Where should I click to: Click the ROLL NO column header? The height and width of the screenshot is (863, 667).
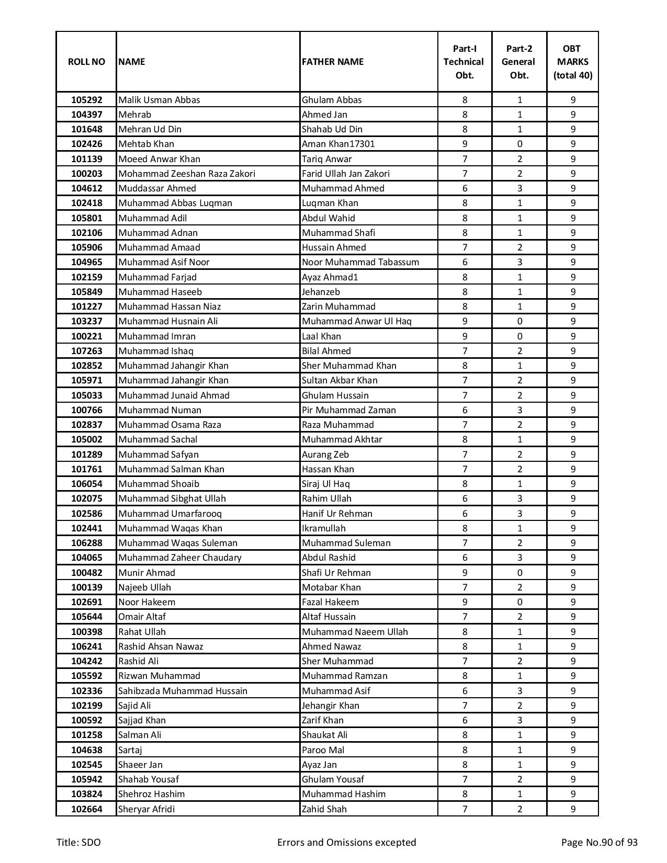[x=86, y=62]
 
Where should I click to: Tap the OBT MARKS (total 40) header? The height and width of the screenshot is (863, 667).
[x=573, y=62]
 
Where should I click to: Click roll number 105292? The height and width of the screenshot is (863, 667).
[x=86, y=100]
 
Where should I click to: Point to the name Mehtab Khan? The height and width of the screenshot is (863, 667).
[x=146, y=144]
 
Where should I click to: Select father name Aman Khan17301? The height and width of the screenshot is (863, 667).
[x=338, y=144]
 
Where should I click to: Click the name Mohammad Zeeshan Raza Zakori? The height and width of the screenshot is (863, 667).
[x=187, y=174]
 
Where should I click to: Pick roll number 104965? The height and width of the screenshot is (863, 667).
[x=86, y=262]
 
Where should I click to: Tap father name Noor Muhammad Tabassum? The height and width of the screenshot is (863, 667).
[x=360, y=262]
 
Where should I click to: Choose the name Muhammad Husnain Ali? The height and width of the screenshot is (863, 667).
[x=168, y=321]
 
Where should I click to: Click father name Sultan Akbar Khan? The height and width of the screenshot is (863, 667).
[x=340, y=380]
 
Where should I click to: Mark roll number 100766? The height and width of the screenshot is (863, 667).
[x=86, y=410]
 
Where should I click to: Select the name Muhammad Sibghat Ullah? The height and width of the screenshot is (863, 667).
[x=172, y=498]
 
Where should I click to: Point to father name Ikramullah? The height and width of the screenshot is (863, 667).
[x=323, y=528]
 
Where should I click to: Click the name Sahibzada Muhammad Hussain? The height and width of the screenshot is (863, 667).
[x=183, y=691]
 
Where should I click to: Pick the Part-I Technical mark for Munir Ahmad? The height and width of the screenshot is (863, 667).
[x=465, y=573]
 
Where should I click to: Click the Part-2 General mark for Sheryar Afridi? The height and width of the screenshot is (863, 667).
[x=519, y=809]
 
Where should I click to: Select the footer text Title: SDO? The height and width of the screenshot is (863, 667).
[x=78, y=843]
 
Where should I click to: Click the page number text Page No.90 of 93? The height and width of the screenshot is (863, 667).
[x=599, y=843]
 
